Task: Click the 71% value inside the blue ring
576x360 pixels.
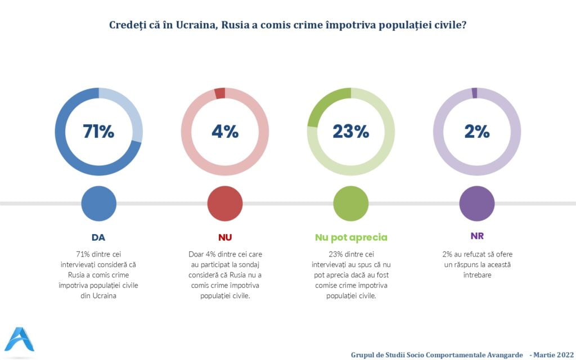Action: tap(98, 132)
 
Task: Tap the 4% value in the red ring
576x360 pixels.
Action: tap(225, 132)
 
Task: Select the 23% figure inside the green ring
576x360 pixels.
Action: tap(350, 132)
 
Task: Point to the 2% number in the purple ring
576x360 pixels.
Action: tap(477, 132)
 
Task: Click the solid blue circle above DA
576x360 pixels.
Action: tap(99, 203)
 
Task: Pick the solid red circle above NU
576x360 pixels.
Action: tap(225, 203)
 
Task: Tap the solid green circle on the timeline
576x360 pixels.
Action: tap(351, 203)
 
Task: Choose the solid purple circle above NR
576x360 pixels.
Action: tap(477, 203)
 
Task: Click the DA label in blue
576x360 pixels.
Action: tap(98, 237)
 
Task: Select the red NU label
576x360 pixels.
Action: tap(225, 237)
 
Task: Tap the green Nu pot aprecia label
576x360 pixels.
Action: tap(351, 237)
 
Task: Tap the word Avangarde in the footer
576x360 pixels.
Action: tap(501, 355)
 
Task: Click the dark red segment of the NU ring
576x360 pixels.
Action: tap(220, 93)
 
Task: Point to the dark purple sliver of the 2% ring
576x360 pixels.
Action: tap(475, 93)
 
